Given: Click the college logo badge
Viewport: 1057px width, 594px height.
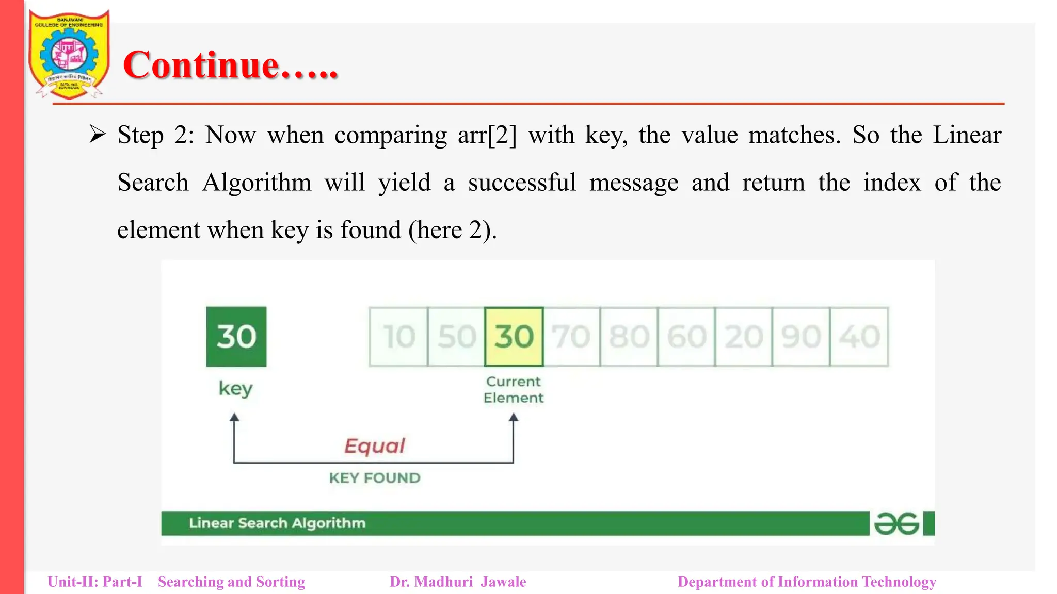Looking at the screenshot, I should (x=69, y=54).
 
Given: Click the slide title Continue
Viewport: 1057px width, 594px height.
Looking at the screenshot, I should (x=230, y=65).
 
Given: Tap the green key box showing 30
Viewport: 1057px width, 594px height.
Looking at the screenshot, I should (x=236, y=337).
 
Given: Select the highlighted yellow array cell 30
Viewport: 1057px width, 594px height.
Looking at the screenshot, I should (x=514, y=337).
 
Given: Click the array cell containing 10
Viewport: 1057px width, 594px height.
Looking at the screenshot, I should (x=399, y=337).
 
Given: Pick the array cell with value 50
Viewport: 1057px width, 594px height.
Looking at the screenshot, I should (x=456, y=337).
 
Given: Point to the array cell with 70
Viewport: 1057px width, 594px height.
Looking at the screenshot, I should (x=571, y=337).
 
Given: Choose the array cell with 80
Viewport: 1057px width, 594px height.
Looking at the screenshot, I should (x=629, y=337).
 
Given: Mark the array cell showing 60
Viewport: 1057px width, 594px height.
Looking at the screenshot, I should (x=686, y=337).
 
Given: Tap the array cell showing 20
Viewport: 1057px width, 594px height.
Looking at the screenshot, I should (x=744, y=337).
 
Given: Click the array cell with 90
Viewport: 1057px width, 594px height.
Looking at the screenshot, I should (x=801, y=337).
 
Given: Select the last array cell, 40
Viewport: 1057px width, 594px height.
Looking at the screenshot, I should (x=859, y=337).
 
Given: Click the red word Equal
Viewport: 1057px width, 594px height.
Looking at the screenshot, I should (x=375, y=446).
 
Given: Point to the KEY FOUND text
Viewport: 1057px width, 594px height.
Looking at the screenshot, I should (x=375, y=478).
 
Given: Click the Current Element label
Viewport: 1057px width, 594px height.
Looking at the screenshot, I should (x=514, y=390).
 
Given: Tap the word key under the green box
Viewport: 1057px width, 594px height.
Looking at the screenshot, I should (x=236, y=388).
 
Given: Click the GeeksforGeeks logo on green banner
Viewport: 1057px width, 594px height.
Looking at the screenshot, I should (x=896, y=524).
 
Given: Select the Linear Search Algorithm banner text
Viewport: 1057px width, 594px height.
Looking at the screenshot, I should (x=277, y=523).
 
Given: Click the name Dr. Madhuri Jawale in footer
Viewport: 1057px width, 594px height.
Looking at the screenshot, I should (x=458, y=582).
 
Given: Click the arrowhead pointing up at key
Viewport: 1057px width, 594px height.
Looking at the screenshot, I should (x=234, y=417).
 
